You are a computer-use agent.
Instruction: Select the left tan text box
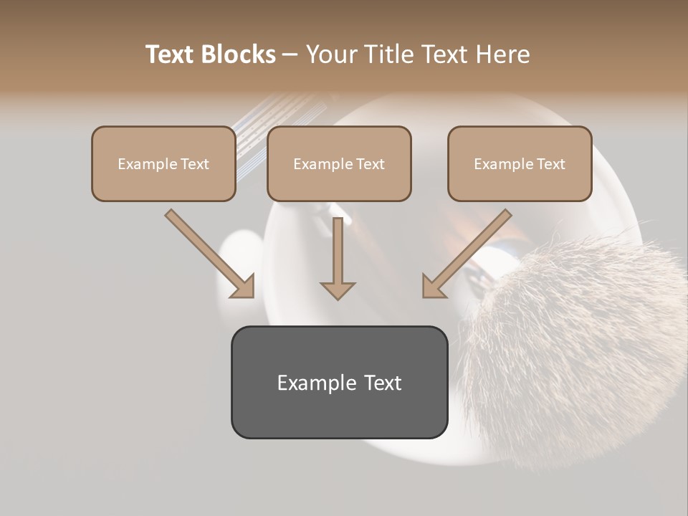[163, 163]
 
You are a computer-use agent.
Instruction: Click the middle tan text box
[339, 163]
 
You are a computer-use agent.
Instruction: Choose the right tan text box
[520, 163]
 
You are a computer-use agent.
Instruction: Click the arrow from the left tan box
[211, 254]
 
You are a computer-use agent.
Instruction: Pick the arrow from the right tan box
[466, 254]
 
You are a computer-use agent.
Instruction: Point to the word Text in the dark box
[383, 383]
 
